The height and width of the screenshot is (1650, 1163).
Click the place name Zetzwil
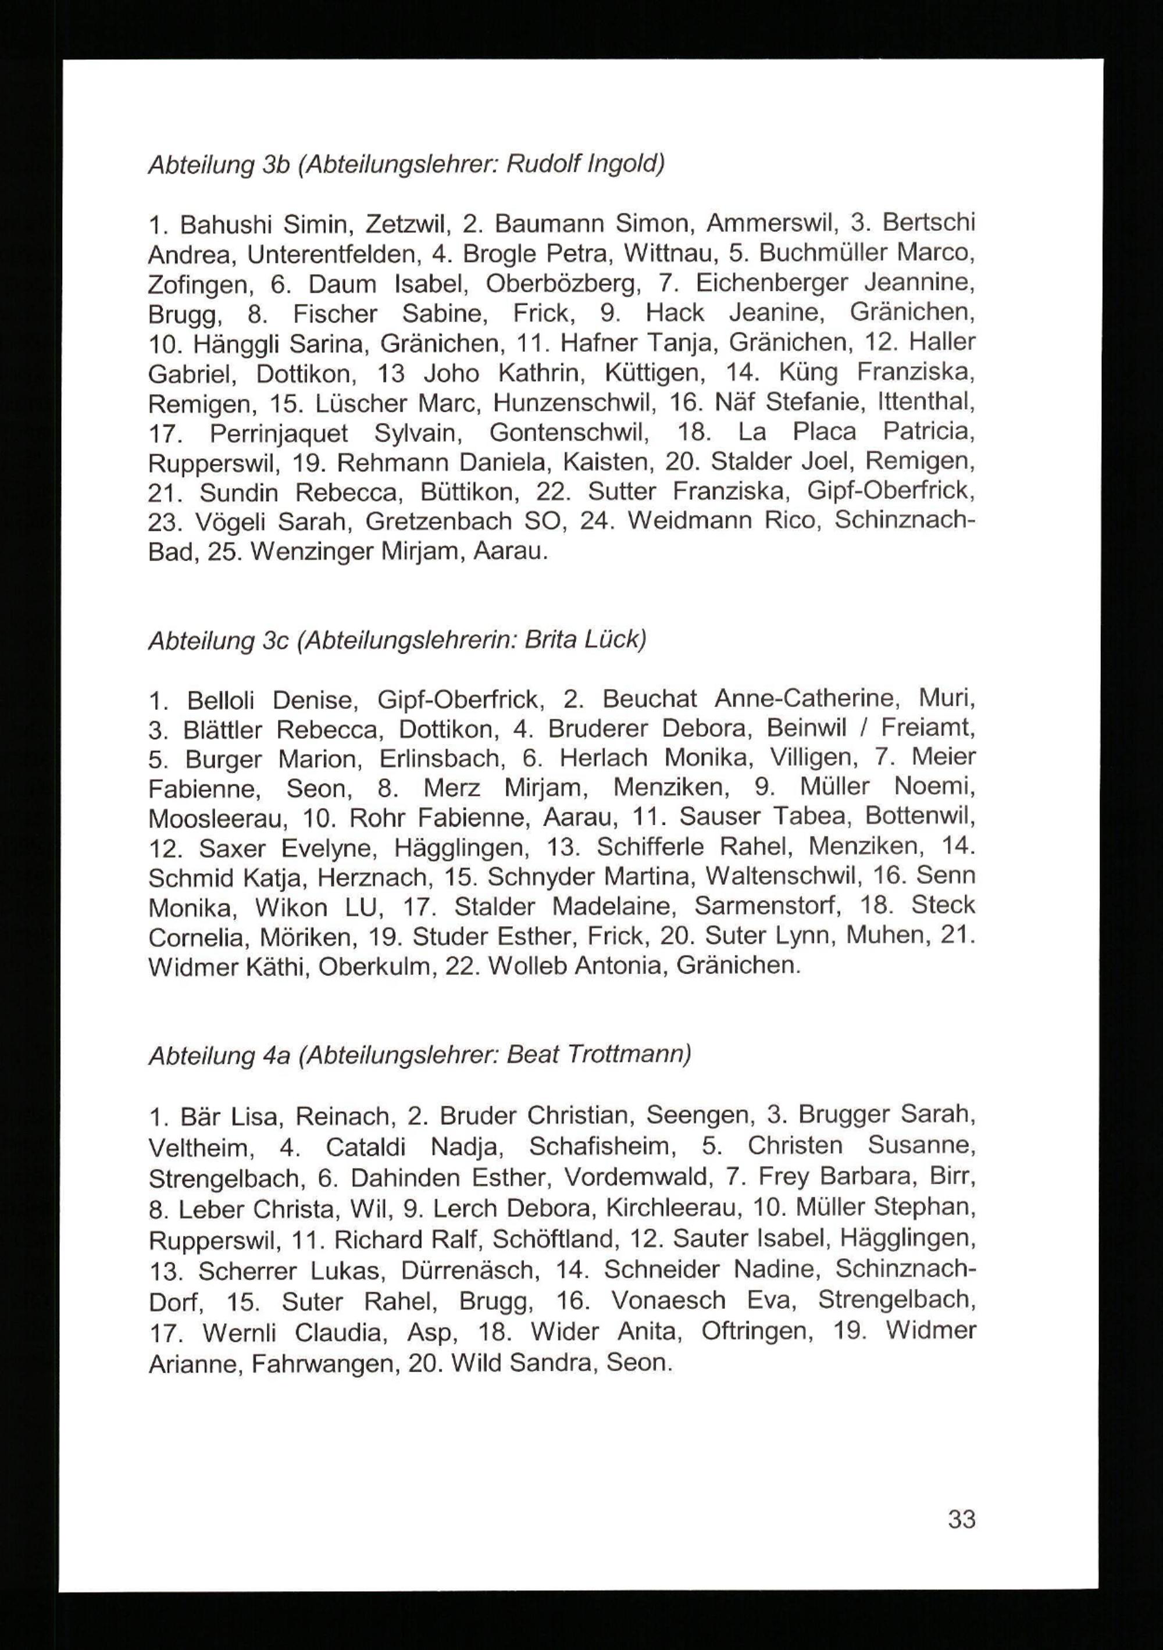408,225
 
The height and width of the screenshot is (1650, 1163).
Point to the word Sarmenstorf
767,907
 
